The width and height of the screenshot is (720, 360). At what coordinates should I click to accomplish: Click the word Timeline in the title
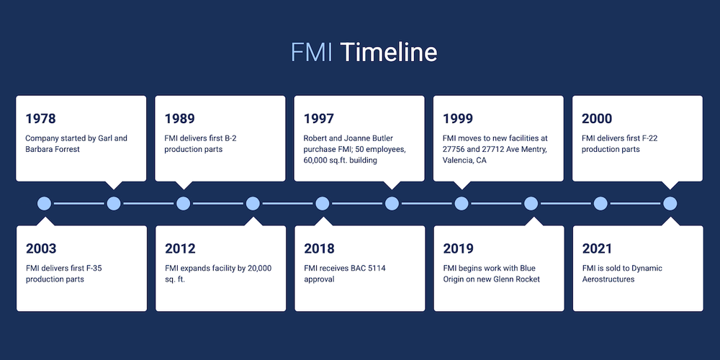388,53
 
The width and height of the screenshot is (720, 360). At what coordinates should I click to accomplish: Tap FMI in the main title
312,53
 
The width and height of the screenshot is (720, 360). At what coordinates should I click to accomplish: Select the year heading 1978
40,119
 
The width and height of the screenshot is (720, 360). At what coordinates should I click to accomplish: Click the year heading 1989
179,119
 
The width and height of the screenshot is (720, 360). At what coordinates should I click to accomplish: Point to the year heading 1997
318,119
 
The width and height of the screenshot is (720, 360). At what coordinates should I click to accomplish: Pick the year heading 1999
458,119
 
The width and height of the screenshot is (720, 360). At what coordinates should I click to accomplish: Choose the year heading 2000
597,119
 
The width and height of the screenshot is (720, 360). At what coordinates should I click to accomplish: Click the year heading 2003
41,249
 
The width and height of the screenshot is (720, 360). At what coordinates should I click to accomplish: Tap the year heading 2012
180,249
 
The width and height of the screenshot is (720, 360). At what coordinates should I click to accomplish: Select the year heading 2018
319,249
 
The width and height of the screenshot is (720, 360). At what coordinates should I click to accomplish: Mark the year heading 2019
458,249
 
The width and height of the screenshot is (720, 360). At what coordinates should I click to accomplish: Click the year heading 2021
597,249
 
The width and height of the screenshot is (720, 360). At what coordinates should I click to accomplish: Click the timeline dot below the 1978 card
113,204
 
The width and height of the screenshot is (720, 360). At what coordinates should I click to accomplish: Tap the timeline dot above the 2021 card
670,204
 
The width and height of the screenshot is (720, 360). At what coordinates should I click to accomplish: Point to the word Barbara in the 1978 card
40,149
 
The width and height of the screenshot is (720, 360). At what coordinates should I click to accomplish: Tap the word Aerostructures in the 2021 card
608,279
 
